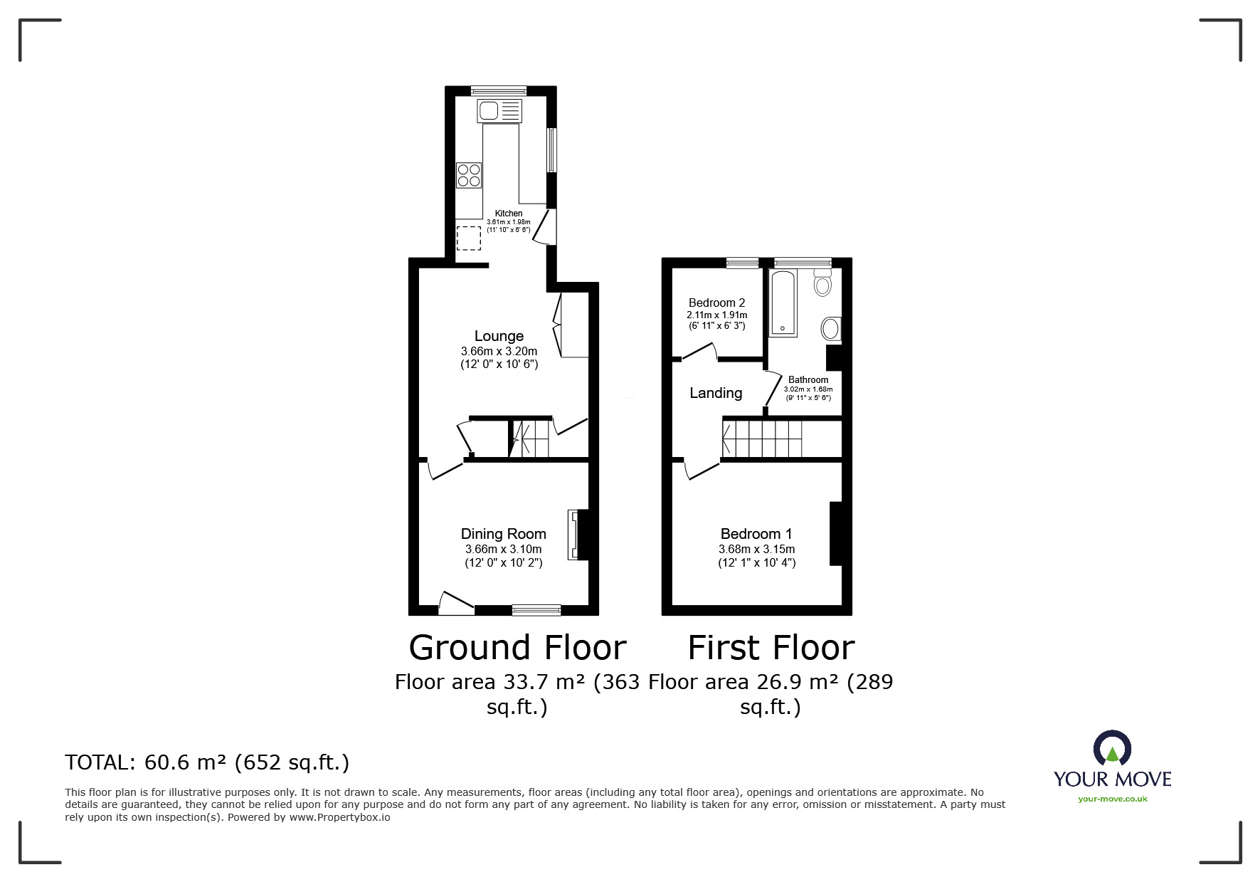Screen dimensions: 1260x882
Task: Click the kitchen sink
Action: point(500,110)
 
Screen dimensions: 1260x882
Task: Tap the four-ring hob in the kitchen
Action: point(469,175)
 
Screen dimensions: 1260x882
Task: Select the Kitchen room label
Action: point(509,214)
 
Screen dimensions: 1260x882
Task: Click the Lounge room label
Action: point(499,336)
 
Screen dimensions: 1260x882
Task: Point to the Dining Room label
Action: point(504,534)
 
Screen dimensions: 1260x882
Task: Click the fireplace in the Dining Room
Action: point(573,535)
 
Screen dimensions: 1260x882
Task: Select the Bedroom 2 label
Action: point(717,303)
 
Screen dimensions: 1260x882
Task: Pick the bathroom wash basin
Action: point(830,329)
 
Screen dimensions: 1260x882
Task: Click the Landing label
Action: point(716,393)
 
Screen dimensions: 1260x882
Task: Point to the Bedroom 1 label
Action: point(756,534)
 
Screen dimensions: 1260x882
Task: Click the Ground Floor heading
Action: point(518,648)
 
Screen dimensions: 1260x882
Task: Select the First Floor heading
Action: point(771,648)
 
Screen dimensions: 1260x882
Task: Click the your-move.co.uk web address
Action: point(1113,799)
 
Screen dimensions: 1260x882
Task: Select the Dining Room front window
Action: point(536,609)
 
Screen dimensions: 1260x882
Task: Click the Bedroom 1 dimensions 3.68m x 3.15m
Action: point(757,550)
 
